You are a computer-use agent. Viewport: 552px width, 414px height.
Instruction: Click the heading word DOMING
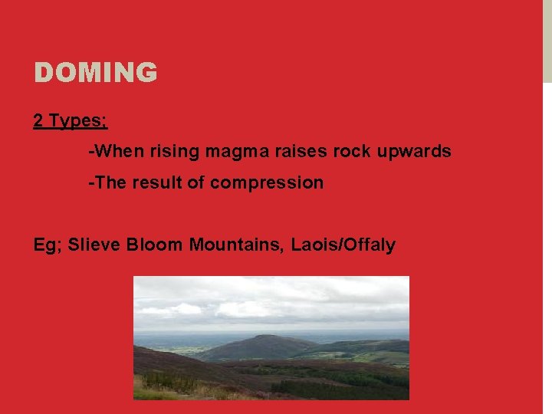(x=95, y=73)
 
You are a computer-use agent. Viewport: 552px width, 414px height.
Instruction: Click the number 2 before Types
(x=38, y=121)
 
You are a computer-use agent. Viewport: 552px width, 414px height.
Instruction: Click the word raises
(x=300, y=152)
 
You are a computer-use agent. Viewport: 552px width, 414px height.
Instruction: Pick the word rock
(x=352, y=152)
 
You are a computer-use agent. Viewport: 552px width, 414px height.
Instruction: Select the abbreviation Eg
(x=47, y=245)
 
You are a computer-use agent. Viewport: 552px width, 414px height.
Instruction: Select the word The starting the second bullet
(x=110, y=182)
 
